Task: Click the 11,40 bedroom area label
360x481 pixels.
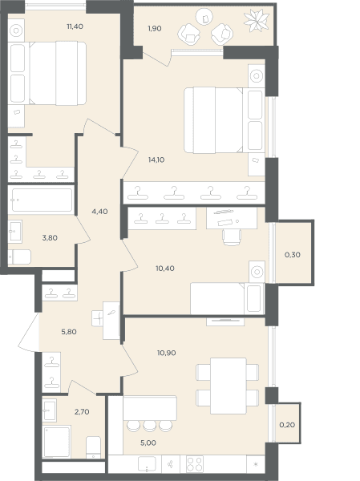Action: [75, 26]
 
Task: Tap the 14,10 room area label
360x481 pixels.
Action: [156, 160]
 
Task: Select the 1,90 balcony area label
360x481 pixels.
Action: [155, 29]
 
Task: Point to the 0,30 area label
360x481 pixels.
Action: [293, 255]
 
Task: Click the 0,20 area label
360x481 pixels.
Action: [287, 425]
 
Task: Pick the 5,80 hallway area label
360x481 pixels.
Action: [69, 332]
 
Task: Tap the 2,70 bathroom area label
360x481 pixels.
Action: [82, 412]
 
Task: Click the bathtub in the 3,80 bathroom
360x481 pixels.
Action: [42, 200]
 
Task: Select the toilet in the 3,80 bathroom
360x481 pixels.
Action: [19, 257]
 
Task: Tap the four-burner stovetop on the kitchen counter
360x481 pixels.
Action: [195, 464]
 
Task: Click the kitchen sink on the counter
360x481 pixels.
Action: [147, 463]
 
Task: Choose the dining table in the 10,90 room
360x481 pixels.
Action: [229, 386]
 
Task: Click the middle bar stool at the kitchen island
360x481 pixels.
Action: [150, 426]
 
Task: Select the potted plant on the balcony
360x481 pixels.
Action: [257, 20]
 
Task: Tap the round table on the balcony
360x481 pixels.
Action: [204, 17]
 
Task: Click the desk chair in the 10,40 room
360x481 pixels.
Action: [232, 237]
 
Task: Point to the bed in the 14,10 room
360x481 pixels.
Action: [213, 120]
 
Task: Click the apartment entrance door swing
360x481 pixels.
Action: [29, 332]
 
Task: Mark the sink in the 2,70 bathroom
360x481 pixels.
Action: [50, 410]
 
